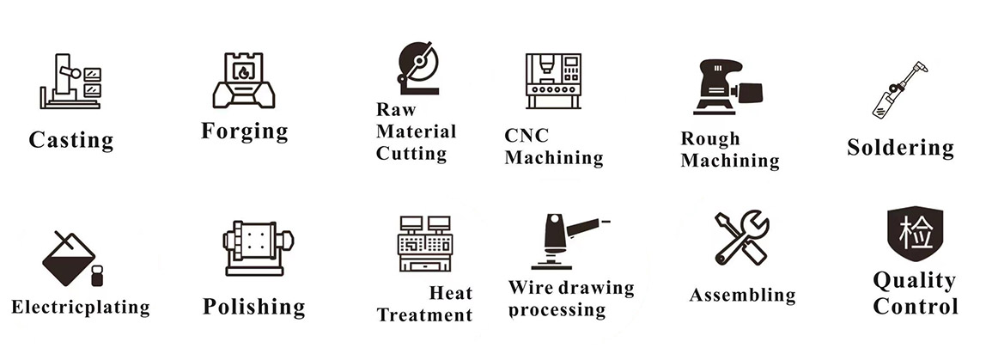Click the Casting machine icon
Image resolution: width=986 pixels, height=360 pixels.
tap(70, 81)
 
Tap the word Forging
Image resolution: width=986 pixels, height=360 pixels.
tap(245, 131)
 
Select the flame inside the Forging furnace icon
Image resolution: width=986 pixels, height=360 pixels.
tap(243, 72)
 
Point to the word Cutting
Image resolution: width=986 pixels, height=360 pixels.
tap(411, 154)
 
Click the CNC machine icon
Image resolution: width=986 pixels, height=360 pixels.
tap(553, 81)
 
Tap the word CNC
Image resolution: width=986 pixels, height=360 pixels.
tap(526, 135)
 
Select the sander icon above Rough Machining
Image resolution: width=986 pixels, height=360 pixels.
tap(729, 88)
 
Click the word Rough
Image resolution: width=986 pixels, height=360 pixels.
tap(710, 138)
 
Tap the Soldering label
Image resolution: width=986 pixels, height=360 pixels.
tap(900, 147)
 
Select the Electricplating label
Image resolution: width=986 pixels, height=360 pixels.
tap(81, 307)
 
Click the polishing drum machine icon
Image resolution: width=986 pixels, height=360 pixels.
tap(258, 247)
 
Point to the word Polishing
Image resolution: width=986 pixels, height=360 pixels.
tap(254, 307)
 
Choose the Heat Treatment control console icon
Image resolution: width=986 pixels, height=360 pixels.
tap(425, 243)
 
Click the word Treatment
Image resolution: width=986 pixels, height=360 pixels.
tap(424, 314)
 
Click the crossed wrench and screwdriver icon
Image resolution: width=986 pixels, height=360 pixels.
tap(742, 238)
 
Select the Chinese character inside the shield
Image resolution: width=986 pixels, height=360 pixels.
tap(915, 230)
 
